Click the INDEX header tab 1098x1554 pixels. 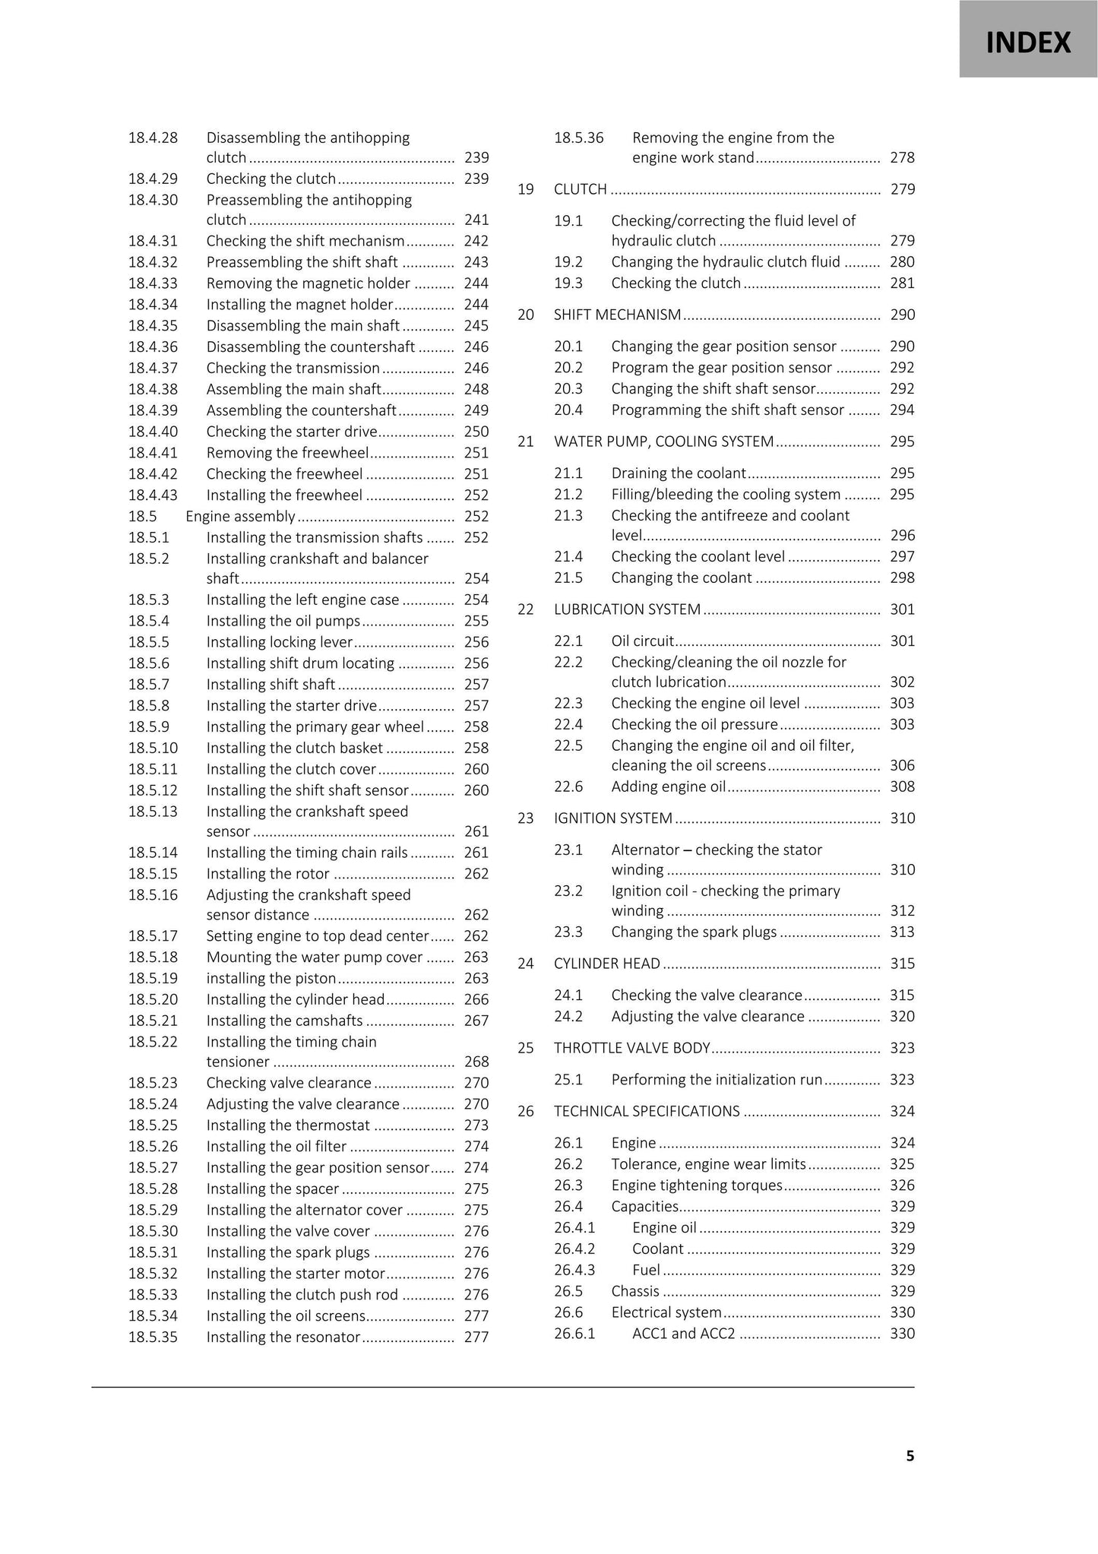click(x=1027, y=42)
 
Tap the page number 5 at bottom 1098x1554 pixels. click(x=910, y=1455)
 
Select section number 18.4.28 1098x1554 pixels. click(x=153, y=138)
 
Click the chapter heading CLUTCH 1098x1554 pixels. click(x=581, y=189)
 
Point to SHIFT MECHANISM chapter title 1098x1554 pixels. click(x=617, y=315)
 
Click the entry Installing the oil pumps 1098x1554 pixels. click(x=283, y=621)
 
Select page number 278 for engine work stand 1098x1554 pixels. click(x=902, y=158)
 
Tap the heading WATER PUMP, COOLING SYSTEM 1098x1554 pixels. click(x=663, y=442)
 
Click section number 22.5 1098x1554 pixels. click(x=568, y=745)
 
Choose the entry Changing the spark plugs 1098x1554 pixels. click(x=694, y=932)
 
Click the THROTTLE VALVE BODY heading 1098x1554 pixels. click(x=631, y=1048)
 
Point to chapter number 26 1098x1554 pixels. click(x=526, y=1111)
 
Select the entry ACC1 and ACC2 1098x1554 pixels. click(x=683, y=1333)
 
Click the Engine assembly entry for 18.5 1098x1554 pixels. click(x=240, y=516)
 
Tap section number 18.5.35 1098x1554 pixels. click(x=153, y=1337)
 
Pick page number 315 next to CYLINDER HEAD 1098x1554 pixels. click(x=902, y=964)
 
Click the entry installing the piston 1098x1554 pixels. click(x=271, y=978)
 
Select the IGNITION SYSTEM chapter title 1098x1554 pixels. click(x=612, y=818)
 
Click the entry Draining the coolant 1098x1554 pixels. click(x=679, y=473)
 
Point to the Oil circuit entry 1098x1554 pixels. click(x=642, y=641)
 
